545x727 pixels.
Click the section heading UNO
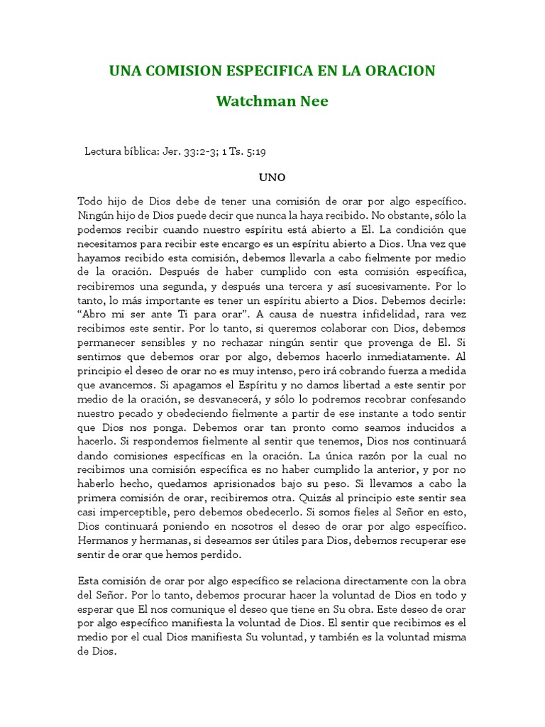click(x=272, y=175)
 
